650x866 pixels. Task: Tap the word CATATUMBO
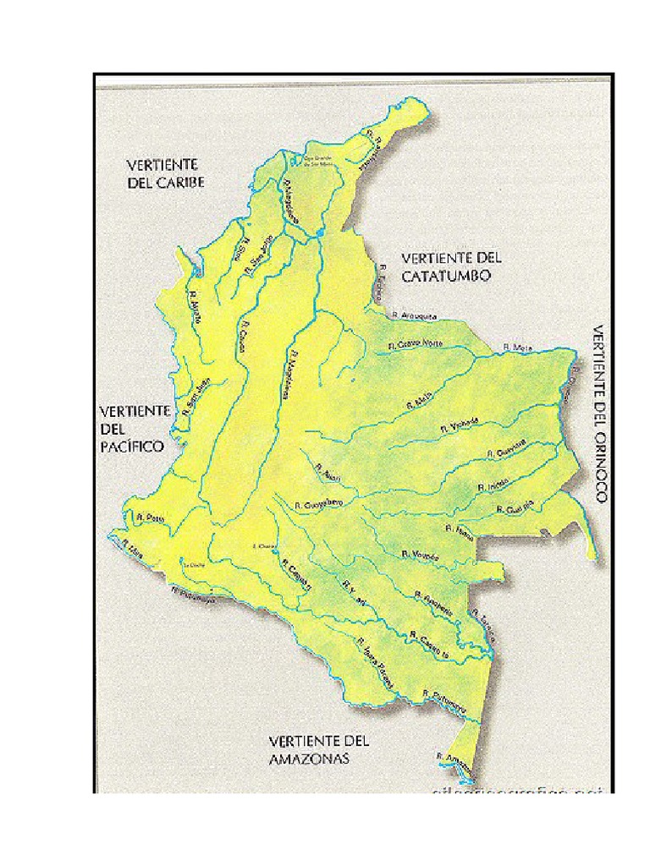tap(445, 276)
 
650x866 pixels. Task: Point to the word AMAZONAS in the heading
tap(309, 759)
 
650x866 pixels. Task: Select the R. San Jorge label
tap(257, 255)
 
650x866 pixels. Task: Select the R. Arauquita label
tap(414, 315)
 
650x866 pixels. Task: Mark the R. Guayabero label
tap(318, 504)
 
